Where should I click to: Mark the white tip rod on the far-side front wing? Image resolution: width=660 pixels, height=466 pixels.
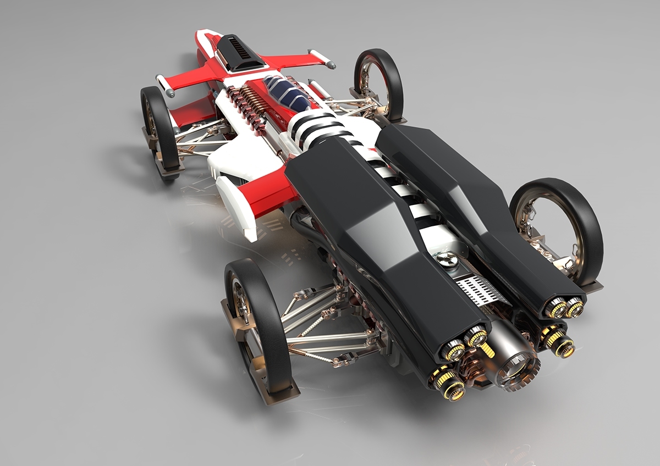(x=322, y=58)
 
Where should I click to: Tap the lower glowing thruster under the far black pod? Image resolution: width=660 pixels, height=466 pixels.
(x=561, y=346)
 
